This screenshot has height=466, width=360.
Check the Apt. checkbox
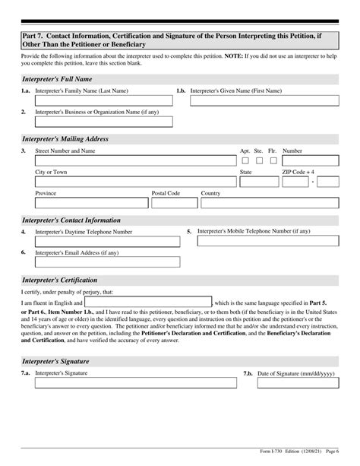[245, 161]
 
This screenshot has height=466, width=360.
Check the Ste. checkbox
[259, 161]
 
